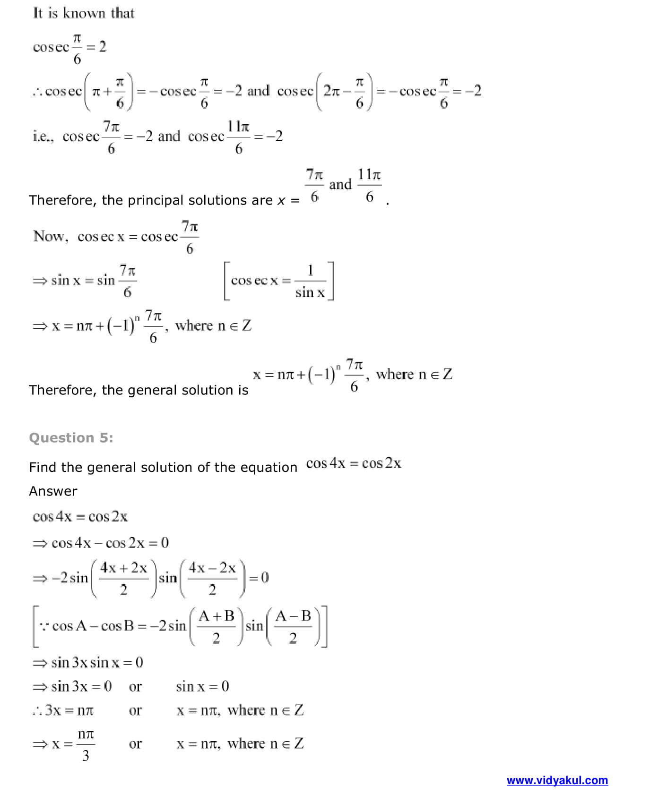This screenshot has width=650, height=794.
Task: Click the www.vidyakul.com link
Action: tap(557, 780)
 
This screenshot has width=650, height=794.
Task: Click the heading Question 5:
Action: tap(71, 438)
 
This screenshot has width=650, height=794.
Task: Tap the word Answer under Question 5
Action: tap(53, 491)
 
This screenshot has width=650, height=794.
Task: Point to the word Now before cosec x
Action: tap(50, 236)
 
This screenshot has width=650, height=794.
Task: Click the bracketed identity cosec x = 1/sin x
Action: tap(278, 281)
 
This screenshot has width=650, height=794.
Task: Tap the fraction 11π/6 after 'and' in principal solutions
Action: tap(369, 186)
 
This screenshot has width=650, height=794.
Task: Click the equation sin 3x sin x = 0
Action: tap(97, 663)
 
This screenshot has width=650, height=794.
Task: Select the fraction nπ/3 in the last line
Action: tap(86, 744)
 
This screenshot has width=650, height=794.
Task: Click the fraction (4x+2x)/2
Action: tap(123, 578)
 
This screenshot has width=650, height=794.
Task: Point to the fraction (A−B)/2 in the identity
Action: tap(293, 626)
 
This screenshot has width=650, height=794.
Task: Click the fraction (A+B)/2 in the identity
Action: tap(216, 626)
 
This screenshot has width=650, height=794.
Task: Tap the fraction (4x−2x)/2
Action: tap(212, 578)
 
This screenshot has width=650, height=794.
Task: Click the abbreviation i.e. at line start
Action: tap(43, 137)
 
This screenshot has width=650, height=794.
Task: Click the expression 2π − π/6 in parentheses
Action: tap(344, 91)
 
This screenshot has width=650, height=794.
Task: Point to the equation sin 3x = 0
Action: tap(81, 686)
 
